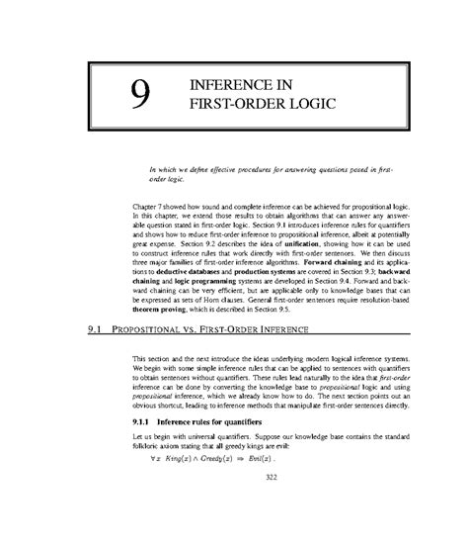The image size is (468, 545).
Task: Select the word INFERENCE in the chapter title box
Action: point(231,82)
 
